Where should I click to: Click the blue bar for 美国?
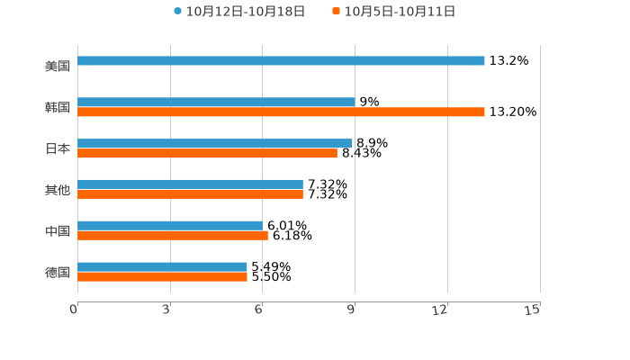pyautogui.click(x=281, y=61)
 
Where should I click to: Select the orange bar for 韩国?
pyautogui.click(x=281, y=112)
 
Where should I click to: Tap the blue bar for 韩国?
pyautogui.click(x=216, y=103)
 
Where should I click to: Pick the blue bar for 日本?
pyautogui.click(x=214, y=143)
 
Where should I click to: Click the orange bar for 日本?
pyautogui.click(x=207, y=154)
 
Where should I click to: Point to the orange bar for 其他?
pyautogui.click(x=190, y=194)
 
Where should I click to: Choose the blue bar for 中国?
pyautogui.click(x=169, y=225)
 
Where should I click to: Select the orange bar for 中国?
pyautogui.click(x=173, y=236)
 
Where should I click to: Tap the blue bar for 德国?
pyautogui.click(x=162, y=266)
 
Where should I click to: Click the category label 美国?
pyautogui.click(x=58, y=67)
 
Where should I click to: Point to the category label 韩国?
pyautogui.click(x=58, y=108)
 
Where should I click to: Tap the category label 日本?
pyautogui.click(x=58, y=149)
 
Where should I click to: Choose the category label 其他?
pyautogui.click(x=58, y=190)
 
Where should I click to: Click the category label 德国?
pyautogui.click(x=58, y=272)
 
